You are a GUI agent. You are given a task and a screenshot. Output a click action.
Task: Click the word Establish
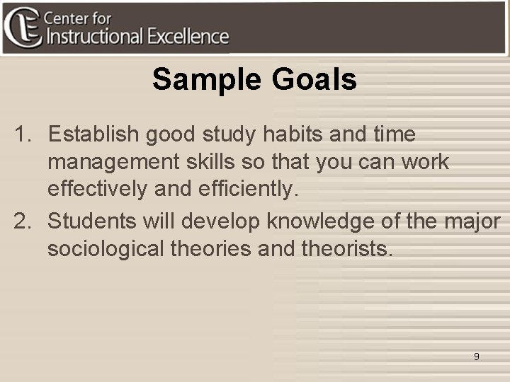tap(91, 134)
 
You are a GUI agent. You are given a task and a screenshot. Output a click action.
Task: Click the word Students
tap(91, 221)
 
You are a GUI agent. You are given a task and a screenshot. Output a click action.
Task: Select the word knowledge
tap(320, 221)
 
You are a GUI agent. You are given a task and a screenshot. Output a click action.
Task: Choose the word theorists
tap(346, 249)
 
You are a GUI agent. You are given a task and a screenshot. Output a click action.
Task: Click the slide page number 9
tap(476, 357)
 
